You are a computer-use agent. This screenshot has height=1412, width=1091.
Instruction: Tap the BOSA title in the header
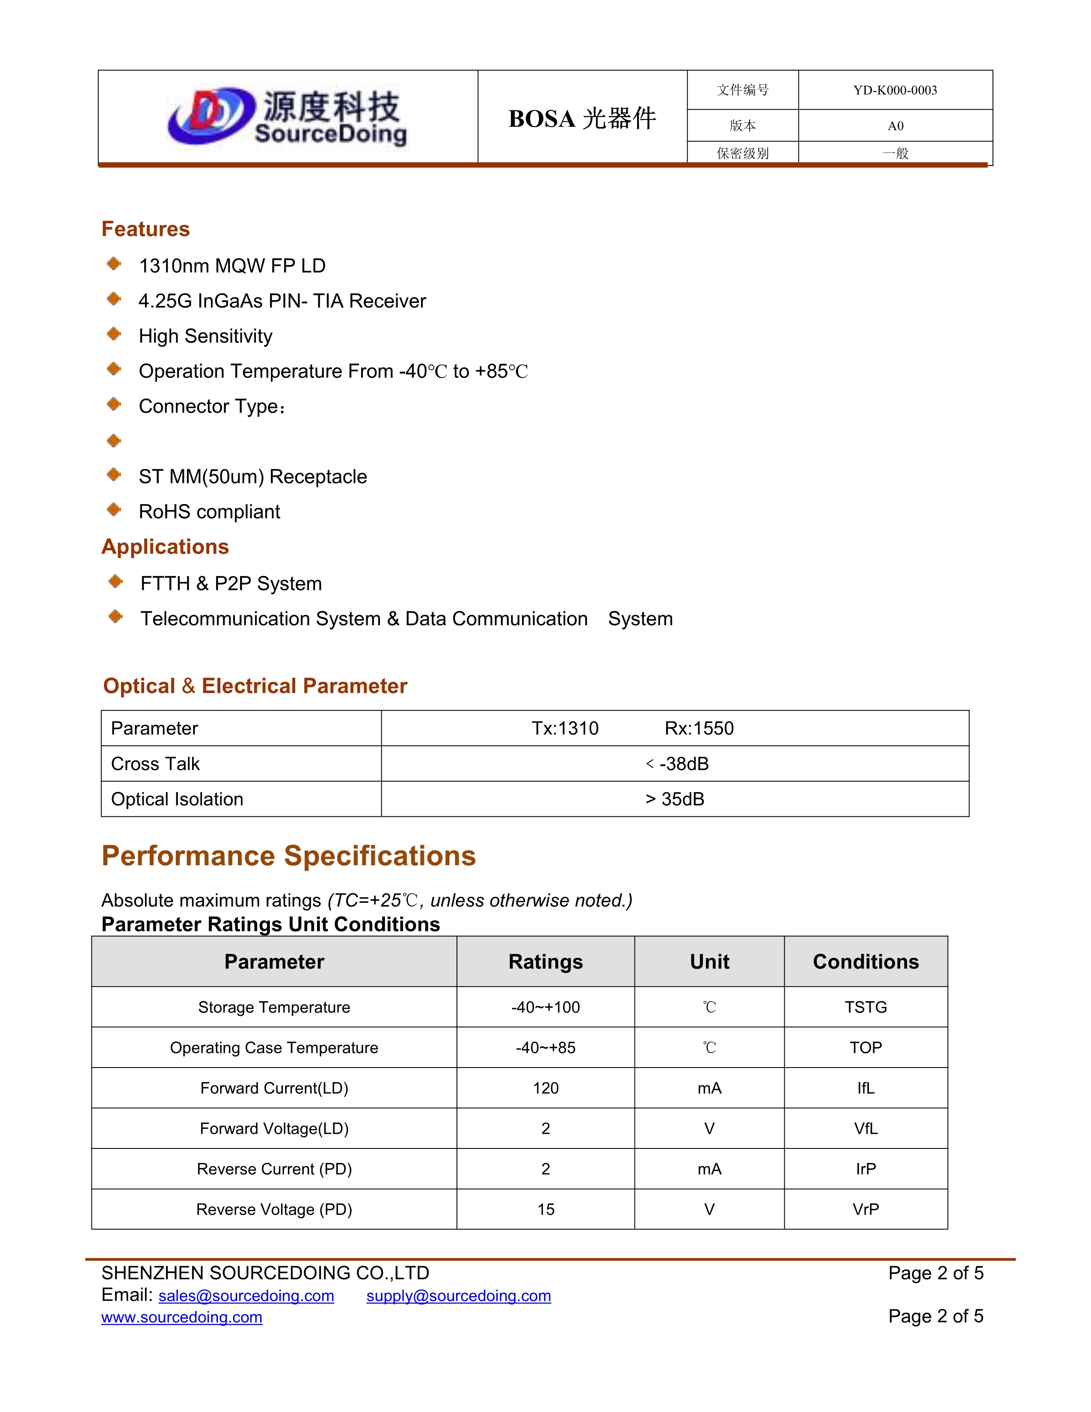click(x=582, y=119)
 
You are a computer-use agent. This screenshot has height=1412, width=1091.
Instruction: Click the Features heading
click(x=145, y=229)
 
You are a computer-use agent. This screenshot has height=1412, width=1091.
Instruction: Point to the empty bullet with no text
click(x=114, y=441)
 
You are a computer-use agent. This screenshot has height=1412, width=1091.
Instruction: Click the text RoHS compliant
click(x=209, y=511)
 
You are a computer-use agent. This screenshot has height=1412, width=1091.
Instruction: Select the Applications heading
click(x=165, y=547)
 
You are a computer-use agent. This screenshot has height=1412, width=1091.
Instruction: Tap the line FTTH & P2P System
click(x=231, y=583)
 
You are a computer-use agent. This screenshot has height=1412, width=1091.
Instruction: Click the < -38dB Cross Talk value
click(x=677, y=763)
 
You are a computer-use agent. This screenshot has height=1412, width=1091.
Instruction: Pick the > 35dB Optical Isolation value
click(x=675, y=799)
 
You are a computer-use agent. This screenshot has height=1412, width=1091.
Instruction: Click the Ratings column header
click(x=545, y=961)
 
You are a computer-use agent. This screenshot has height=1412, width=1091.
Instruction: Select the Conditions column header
click(x=866, y=961)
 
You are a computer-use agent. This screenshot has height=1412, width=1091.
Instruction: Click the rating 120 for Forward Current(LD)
click(x=545, y=1088)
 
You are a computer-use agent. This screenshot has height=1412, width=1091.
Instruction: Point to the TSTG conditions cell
click(x=866, y=1007)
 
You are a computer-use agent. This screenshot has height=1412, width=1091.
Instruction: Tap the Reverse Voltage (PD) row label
click(x=274, y=1209)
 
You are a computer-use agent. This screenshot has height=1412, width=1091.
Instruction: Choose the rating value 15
click(x=545, y=1209)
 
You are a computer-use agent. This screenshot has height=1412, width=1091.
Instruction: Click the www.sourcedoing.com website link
click(x=181, y=1317)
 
